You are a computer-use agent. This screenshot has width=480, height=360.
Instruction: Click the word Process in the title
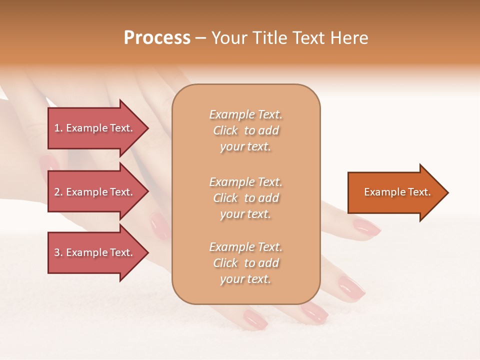click(157, 38)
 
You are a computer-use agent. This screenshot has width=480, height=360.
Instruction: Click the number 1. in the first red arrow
click(58, 128)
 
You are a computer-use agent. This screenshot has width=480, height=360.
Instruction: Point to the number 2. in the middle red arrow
click(58, 192)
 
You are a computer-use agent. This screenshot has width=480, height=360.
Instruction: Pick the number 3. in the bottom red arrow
click(58, 252)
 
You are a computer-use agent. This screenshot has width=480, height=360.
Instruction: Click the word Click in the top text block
click(225, 130)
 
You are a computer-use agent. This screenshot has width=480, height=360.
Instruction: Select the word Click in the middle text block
click(225, 198)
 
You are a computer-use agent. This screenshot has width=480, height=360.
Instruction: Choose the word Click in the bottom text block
click(225, 263)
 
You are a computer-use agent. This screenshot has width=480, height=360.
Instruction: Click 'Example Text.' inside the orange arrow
click(397, 192)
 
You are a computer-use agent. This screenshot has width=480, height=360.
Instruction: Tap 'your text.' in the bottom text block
click(245, 279)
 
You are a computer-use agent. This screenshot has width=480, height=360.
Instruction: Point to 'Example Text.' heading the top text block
click(245, 114)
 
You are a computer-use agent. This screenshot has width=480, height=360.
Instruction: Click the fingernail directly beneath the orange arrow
click(366, 227)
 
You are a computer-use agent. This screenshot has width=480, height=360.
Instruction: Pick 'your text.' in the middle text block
click(245, 214)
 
